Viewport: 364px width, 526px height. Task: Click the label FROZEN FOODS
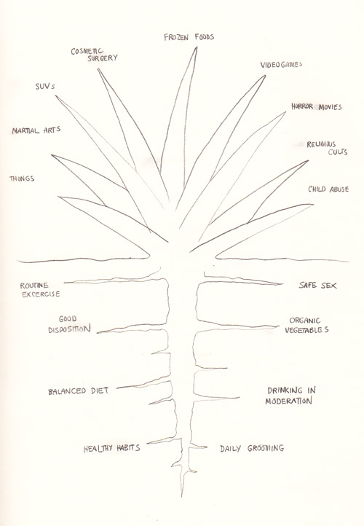[189, 37]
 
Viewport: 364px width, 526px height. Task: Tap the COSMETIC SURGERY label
[95, 55]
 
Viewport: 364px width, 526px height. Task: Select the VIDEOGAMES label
[281, 64]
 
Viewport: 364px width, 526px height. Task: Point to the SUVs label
[45, 86]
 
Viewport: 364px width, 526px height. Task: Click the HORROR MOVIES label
[317, 106]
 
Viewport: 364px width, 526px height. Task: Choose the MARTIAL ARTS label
[36, 130]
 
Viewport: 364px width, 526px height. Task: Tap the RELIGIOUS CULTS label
[327, 148]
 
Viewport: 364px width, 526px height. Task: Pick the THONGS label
[22, 178]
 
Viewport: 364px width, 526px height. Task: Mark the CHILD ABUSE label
[328, 189]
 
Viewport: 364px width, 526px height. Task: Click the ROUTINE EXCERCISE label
[40, 290]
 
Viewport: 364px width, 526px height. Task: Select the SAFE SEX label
[317, 285]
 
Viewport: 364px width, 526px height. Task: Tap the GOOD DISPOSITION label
[69, 324]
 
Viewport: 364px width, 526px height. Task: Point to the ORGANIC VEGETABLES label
[306, 325]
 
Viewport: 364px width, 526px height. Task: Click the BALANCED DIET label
[79, 391]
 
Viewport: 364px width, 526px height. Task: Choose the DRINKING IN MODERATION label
[290, 396]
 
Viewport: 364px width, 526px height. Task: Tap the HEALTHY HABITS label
[111, 448]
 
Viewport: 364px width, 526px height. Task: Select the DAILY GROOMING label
[252, 448]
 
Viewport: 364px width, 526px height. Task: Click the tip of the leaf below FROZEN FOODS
[197, 47]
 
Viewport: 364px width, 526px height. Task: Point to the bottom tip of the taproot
[182, 497]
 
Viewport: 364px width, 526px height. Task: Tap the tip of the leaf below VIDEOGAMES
[266, 76]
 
